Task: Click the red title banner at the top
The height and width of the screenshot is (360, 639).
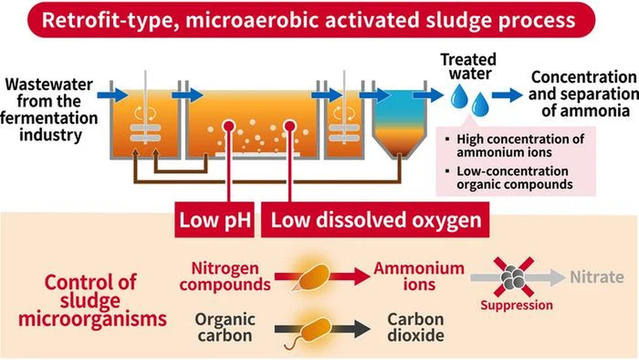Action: (311, 20)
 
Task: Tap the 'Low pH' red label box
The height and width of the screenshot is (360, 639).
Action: (215, 219)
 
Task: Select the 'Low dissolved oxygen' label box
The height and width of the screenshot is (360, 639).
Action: (375, 219)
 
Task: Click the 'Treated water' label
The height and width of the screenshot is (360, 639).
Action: (468, 66)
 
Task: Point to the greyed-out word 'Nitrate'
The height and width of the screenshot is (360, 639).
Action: (597, 277)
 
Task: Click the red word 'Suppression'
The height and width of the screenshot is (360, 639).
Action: (516, 305)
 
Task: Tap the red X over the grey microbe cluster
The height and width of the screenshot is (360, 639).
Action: (514, 277)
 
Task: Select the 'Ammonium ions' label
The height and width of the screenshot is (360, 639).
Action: (419, 276)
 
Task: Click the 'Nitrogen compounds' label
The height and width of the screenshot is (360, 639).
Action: (225, 276)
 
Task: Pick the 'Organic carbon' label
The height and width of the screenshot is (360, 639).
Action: (225, 328)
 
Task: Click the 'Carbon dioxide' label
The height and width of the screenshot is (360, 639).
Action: (416, 327)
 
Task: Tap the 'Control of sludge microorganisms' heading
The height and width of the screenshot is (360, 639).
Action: (92, 300)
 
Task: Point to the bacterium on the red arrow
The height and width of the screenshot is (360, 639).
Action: (312, 277)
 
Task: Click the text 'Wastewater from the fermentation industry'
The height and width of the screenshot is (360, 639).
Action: (49, 110)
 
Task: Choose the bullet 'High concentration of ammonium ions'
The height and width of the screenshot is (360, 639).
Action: (516, 145)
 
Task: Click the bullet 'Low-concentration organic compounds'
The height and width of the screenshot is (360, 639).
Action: (510, 177)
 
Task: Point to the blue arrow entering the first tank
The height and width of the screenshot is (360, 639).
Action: (112, 95)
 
